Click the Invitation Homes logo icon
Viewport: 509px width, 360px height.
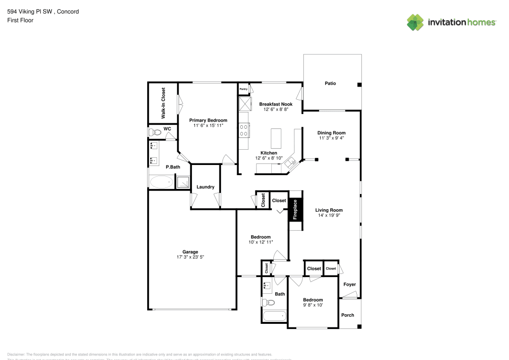(415, 22)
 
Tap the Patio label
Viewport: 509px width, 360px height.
(330, 84)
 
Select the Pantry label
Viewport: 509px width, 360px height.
(243, 89)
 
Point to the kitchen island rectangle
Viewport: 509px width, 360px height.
(276, 137)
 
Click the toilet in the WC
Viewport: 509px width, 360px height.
(155, 132)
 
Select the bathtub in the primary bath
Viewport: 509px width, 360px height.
(161, 182)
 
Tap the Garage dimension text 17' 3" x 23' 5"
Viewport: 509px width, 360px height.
(190, 257)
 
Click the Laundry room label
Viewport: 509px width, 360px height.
(205, 187)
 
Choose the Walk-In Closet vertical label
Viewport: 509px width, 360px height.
(163, 103)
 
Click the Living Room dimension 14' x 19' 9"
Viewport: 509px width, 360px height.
(328, 215)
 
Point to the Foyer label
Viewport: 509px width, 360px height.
(350, 284)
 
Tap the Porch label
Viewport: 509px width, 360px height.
(348, 315)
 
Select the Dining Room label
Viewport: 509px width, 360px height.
(332, 132)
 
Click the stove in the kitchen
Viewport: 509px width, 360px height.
(244, 130)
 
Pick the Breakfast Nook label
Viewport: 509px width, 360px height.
(276, 104)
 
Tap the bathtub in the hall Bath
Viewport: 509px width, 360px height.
(274, 316)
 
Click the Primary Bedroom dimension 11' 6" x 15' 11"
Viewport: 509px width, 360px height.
(208, 125)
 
